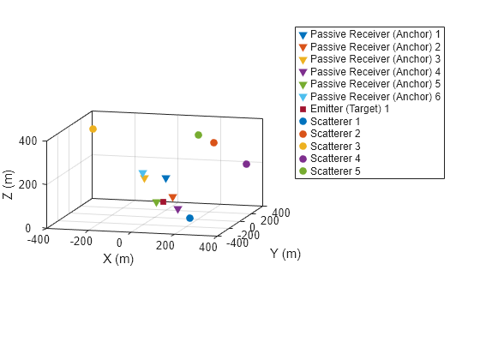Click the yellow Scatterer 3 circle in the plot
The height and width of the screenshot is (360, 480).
[93, 129]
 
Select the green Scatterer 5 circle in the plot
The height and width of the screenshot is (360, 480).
[198, 135]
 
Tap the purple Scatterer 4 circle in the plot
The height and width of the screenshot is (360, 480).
[246, 164]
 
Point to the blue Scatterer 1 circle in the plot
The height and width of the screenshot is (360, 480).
[189, 218]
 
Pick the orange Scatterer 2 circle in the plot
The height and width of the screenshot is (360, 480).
[213, 142]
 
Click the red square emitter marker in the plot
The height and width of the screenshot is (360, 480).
[163, 202]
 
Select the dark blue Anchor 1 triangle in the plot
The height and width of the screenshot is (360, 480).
[165, 179]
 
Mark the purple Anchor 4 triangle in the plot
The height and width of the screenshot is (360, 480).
[177, 209]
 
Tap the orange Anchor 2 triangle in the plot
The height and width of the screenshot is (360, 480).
[172, 198]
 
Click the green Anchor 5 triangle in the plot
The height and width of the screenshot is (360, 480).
[156, 203]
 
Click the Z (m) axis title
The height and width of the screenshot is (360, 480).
[9, 184]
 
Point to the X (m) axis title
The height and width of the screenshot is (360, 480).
[118, 259]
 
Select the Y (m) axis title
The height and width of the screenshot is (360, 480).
[285, 254]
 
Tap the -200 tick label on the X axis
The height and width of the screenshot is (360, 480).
[81, 242]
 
